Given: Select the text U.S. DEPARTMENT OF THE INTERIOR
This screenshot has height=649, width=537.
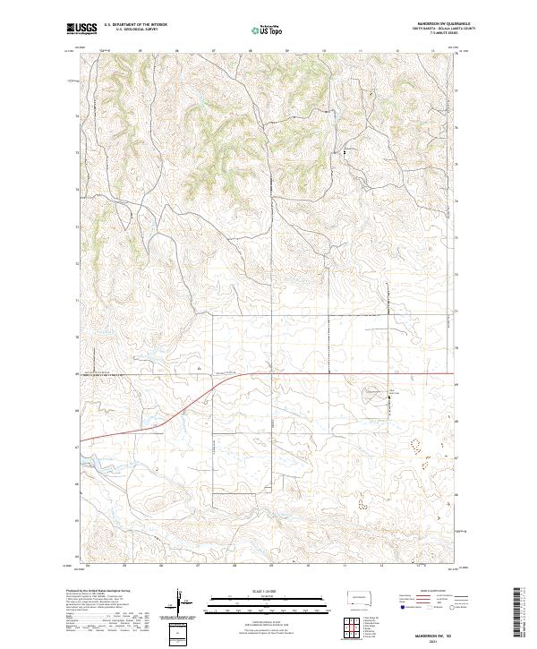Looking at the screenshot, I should tap(134, 26).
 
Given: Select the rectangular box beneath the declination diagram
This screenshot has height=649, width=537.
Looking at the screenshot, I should tap(181, 634).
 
